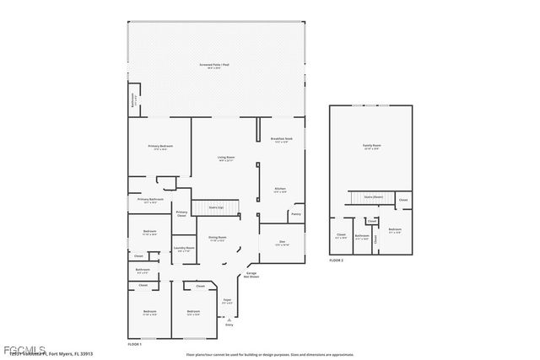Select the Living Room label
(x=226, y=158)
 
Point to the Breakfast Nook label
(x=281, y=139)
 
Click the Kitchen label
(x=280, y=189)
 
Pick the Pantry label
(x=296, y=214)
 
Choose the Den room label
(x=282, y=243)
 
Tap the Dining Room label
(x=218, y=239)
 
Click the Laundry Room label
(x=184, y=249)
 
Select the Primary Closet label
(x=181, y=213)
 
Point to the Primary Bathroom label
(x=150, y=201)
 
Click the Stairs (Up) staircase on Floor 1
(x=217, y=207)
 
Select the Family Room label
(x=371, y=147)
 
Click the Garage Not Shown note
(x=251, y=276)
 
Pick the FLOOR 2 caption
(x=337, y=261)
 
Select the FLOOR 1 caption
(x=134, y=344)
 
